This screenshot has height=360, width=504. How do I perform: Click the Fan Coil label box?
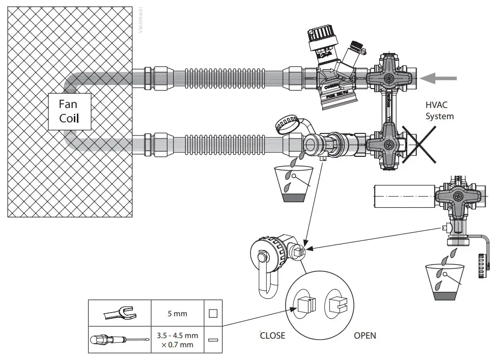tap(70, 112)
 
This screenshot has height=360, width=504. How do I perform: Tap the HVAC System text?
tap(440, 110)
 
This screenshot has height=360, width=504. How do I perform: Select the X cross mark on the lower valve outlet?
tap(419, 145)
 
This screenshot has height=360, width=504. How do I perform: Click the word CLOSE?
tap(272, 336)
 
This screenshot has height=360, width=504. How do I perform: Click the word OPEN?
tap(365, 336)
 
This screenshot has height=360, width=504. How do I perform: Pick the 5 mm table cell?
tap(177, 313)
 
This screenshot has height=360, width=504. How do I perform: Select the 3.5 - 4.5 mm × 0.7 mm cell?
tap(177, 340)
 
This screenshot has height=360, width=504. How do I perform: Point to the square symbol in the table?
tap(213, 313)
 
